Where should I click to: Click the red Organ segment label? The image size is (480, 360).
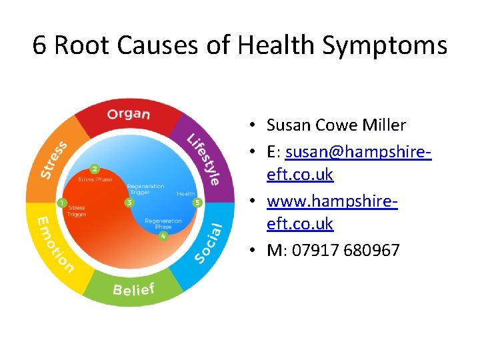click(x=129, y=113)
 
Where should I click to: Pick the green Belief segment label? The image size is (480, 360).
click(x=133, y=289)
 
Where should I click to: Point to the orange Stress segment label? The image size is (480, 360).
click(x=53, y=160)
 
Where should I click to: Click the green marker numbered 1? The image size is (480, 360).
click(x=62, y=203)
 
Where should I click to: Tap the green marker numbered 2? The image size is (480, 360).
click(x=95, y=169)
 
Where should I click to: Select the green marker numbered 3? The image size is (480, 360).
click(x=129, y=202)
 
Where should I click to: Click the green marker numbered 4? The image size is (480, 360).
click(x=163, y=235)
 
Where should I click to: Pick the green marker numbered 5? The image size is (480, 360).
click(x=197, y=202)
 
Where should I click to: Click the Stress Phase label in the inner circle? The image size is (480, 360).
click(x=94, y=180)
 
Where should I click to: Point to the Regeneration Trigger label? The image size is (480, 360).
click(x=145, y=189)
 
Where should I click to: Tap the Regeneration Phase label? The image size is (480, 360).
click(x=163, y=223)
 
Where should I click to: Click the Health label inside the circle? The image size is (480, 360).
click(x=185, y=194)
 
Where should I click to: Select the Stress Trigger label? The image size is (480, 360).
click(x=77, y=211)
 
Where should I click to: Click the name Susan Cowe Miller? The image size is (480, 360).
click(x=336, y=125)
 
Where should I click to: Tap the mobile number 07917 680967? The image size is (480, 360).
click(x=333, y=251)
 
